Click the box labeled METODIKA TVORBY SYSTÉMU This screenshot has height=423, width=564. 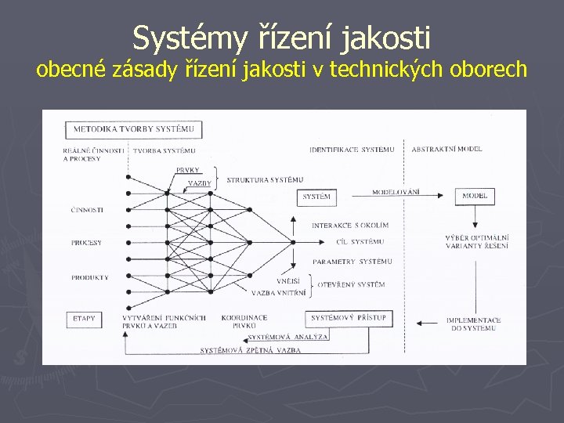click(134, 129)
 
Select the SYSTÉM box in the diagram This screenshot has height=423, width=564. click(316, 197)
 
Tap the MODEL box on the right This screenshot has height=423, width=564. click(475, 196)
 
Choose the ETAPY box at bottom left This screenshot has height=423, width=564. click(84, 319)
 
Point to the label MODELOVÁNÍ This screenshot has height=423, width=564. click(396, 192)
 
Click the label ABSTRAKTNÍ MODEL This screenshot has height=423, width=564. click(446, 149)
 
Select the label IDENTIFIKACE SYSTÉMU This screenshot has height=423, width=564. click(352, 149)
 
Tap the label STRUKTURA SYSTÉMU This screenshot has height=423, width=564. click(265, 180)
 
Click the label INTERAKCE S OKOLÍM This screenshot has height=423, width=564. click(350, 226)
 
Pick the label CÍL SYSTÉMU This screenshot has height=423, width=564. click(359, 242)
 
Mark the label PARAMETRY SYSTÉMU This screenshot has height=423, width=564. click(352, 261)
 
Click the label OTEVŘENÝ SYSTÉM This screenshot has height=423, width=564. click(351, 284)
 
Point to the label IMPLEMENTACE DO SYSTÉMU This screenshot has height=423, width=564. click(473, 324)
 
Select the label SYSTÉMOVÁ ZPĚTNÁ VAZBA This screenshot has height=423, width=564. click(250, 350)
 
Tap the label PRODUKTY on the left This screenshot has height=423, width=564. click(89, 277)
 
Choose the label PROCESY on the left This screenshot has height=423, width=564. click(86, 243)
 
